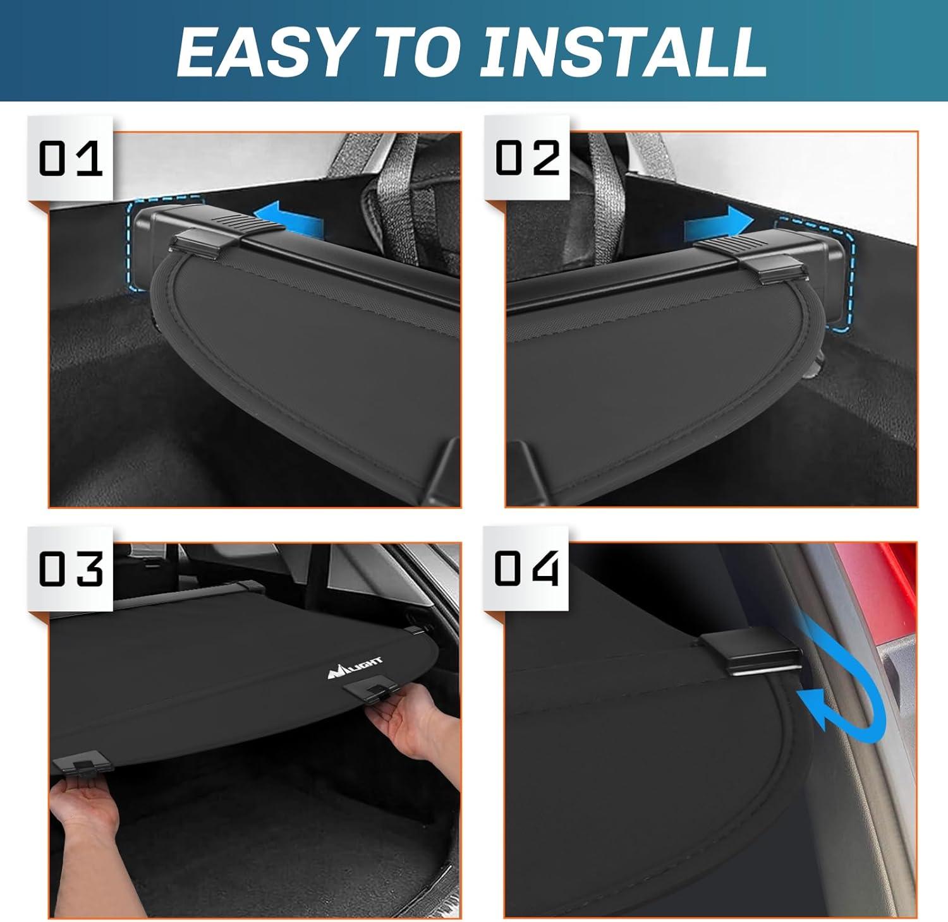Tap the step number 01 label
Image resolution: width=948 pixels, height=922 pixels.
click(x=70, y=158)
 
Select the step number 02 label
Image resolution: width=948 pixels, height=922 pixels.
click(x=527, y=158)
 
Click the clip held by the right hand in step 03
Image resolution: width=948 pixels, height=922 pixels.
click(x=373, y=692)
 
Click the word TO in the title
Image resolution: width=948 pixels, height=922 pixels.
click(x=414, y=52)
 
